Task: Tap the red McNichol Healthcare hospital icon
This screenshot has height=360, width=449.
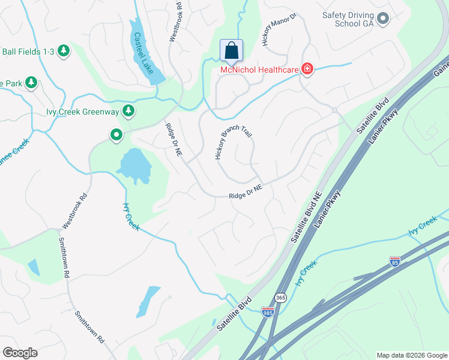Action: [307, 70]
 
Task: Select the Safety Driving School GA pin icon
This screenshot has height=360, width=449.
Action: [384, 19]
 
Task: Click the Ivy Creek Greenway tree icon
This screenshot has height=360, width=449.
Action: [128, 110]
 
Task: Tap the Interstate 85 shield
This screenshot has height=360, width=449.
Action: [394, 261]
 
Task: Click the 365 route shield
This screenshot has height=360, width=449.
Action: [280, 298]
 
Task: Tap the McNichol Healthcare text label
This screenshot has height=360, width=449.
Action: [259, 70]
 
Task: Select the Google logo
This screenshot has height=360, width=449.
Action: [20, 353]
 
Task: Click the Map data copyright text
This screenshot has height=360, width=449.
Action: [412, 355]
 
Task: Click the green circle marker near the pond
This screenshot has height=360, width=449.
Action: [116, 136]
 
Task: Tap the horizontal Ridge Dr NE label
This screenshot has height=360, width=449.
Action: [246, 192]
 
